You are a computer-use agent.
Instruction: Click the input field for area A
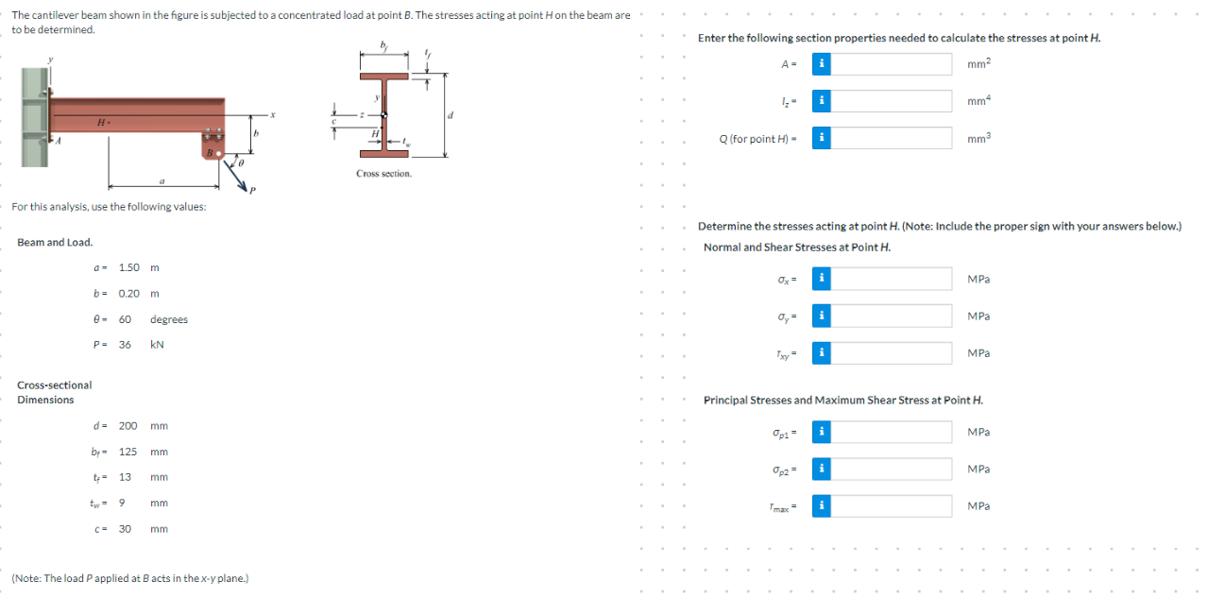[891, 64]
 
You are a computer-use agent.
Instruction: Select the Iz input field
[891, 101]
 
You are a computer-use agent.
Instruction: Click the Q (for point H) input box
[891, 138]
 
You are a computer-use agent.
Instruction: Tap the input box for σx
[891, 279]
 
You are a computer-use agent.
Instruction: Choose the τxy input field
[891, 352]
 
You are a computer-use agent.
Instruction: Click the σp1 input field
[891, 432]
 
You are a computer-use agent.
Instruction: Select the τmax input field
[891, 505]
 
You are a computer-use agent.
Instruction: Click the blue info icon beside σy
[822, 316]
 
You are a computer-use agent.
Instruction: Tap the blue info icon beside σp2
[822, 469]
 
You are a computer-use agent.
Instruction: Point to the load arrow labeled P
[235, 176]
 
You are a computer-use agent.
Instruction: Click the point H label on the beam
[101, 123]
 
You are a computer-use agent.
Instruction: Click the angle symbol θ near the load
[241, 162]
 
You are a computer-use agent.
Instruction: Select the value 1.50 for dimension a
[128, 267]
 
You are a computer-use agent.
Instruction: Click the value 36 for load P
[125, 345]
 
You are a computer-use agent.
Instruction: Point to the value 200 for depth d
[128, 426]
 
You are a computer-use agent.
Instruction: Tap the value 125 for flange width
[128, 452]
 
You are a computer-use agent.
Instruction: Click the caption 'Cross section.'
[383, 174]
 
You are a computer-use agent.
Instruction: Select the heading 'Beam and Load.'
[55, 243]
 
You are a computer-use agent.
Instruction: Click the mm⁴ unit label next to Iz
[978, 101]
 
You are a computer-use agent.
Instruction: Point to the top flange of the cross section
[384, 76]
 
